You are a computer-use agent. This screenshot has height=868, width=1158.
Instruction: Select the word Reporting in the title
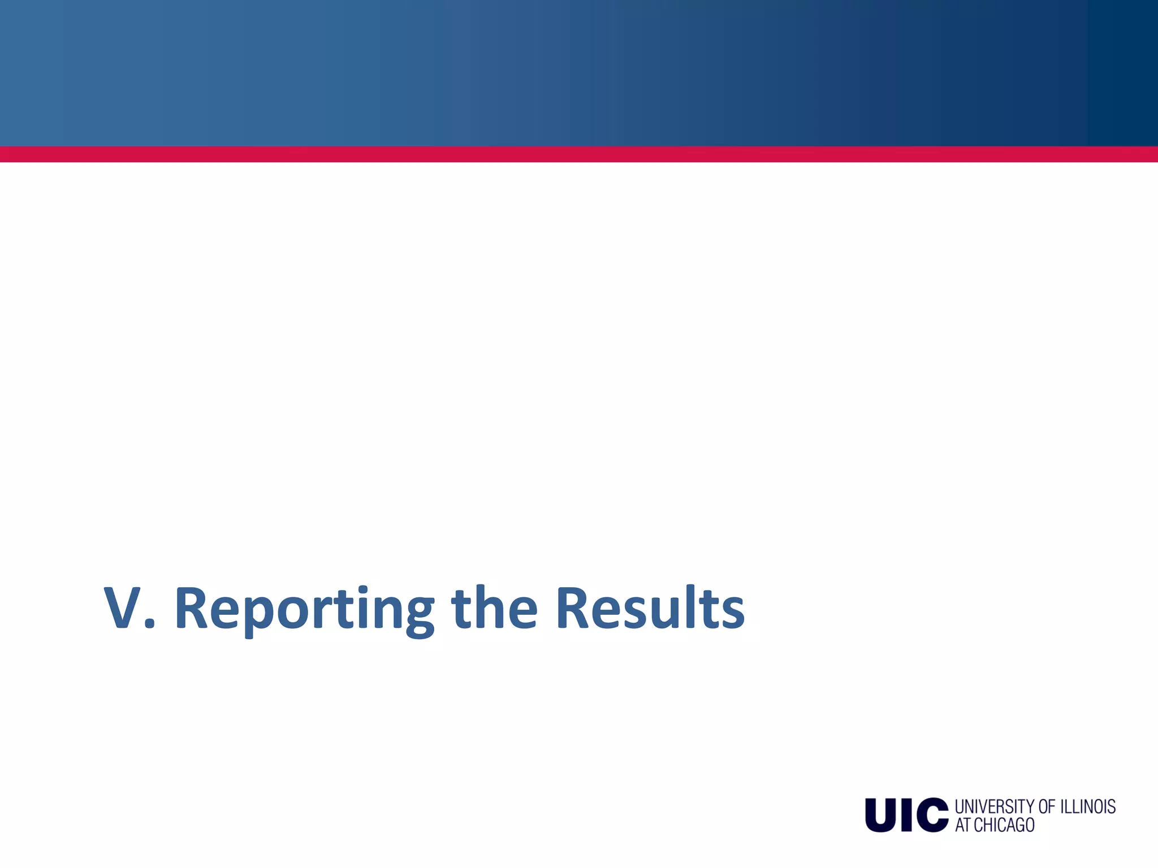click(x=304, y=610)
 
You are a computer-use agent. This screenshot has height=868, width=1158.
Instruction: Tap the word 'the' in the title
click(x=494, y=609)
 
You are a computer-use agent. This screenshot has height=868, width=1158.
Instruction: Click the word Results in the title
click(x=650, y=609)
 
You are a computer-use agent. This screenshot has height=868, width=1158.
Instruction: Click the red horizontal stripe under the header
click(x=579, y=154)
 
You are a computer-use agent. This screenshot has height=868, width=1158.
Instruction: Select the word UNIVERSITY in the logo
click(x=994, y=806)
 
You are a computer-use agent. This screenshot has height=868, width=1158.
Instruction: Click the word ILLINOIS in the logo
click(x=1088, y=806)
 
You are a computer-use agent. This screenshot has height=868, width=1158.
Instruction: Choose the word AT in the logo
click(x=963, y=825)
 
